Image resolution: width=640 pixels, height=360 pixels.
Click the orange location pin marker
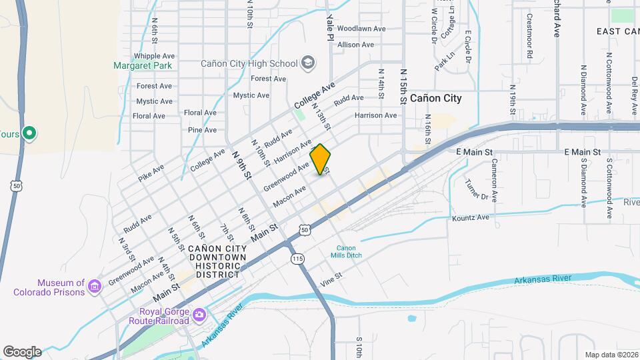(321, 159)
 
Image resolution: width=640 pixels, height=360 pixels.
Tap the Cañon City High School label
(249, 64)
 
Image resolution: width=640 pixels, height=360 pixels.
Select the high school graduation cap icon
(307, 63)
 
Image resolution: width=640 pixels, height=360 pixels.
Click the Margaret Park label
(143, 65)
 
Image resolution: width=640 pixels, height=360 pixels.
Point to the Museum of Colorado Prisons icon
(95, 287)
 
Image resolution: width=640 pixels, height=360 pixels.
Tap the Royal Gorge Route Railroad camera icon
(199, 314)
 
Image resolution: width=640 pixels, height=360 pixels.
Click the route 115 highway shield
(297, 258)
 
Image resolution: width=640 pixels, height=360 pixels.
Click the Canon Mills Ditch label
(346, 251)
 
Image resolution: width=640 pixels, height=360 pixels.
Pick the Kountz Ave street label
(471, 218)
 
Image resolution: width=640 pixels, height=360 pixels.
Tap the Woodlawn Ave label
(361, 29)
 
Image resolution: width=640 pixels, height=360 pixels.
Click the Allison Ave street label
(356, 45)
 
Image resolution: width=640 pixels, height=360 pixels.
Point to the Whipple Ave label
(154, 56)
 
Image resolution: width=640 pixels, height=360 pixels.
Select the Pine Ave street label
(202, 130)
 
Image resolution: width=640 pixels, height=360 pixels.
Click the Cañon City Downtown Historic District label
(217, 261)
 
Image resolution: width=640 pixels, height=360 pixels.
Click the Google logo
(22, 351)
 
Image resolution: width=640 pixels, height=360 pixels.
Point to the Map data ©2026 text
(611, 355)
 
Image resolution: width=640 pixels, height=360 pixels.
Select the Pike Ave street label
(151, 173)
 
